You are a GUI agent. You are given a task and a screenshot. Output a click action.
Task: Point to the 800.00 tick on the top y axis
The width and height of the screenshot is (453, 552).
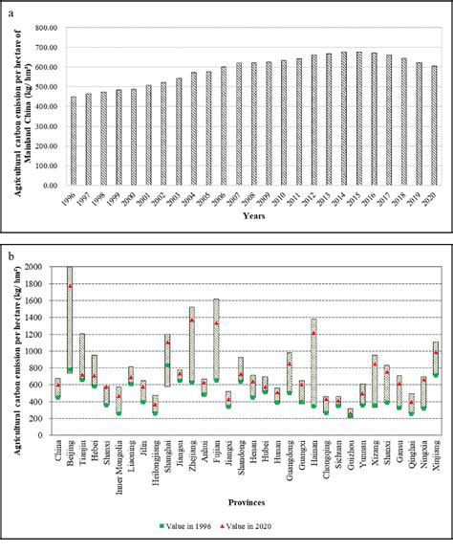[x=46, y=28]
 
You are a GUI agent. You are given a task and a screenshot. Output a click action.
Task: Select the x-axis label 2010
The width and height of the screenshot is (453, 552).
[x=283, y=206]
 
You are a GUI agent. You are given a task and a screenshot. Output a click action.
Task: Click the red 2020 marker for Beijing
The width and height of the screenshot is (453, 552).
[x=70, y=286]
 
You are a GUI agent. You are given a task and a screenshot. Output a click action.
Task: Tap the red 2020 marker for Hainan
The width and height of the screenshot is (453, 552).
[x=314, y=334]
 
